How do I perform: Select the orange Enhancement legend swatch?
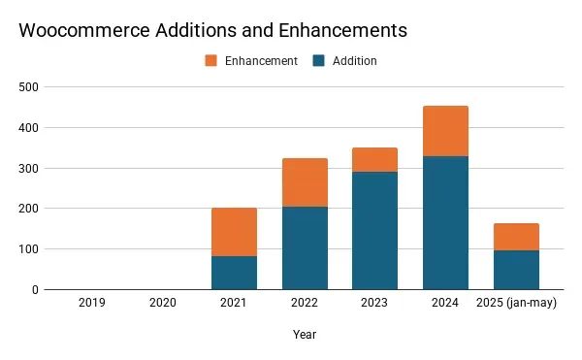tap(210, 60)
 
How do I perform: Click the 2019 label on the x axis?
tap(92, 304)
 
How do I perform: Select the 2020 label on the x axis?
tap(163, 304)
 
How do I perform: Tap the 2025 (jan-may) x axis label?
tap(517, 304)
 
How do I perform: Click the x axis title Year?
tap(305, 335)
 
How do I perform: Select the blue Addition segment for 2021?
tap(234, 273)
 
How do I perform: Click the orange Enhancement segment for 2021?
tap(234, 232)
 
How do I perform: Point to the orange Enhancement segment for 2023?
tap(375, 159)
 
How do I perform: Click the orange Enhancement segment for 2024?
tap(445, 131)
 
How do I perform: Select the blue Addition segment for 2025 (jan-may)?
tap(516, 270)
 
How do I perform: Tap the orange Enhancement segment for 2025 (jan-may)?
tap(516, 237)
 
